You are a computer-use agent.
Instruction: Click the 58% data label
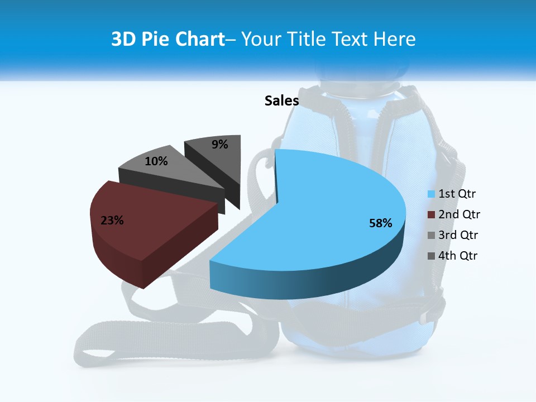(x=381, y=223)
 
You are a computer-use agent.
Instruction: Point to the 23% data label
(x=112, y=221)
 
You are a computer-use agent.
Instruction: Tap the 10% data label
(x=156, y=161)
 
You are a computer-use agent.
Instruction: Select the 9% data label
(x=220, y=145)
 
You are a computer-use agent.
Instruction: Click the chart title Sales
(x=281, y=100)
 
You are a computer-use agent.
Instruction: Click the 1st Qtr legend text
(x=457, y=194)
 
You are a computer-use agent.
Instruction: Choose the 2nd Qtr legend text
(x=459, y=214)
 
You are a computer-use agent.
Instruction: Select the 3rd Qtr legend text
(x=458, y=235)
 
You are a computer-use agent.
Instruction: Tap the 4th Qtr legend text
(x=458, y=256)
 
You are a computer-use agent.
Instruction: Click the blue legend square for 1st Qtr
(x=431, y=194)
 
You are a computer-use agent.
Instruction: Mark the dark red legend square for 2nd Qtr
(x=431, y=215)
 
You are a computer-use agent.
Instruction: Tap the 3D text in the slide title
(x=123, y=39)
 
